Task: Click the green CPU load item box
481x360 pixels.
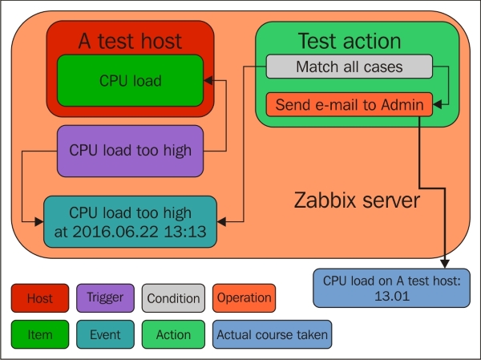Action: pos(130,80)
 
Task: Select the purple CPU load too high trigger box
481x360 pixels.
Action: pos(130,150)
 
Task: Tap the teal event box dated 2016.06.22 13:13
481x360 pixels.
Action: pos(130,220)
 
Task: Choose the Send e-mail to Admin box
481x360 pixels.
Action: pos(349,104)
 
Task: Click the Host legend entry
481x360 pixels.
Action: pos(40,298)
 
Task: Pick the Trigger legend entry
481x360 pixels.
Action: pos(106,298)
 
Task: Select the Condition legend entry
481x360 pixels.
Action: pos(172,298)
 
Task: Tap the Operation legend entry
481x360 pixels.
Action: pos(244,298)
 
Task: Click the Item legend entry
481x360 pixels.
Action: pos(40,335)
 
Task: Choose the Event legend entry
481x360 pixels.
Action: pos(106,335)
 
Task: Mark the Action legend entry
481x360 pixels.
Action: pos(172,335)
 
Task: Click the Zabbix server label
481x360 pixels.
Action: pos(356,200)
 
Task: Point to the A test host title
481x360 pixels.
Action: pos(130,40)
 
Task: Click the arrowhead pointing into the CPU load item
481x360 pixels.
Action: pos(208,80)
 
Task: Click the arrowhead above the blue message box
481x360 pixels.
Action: pos(444,262)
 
